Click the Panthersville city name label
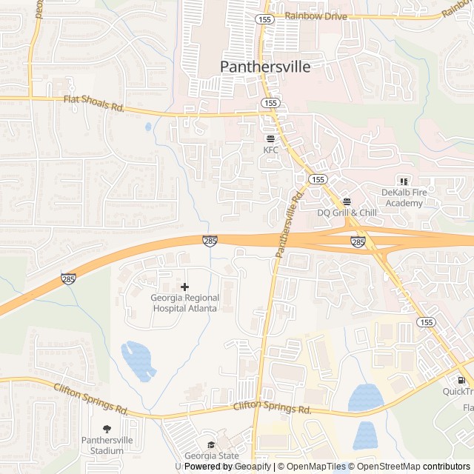(264, 66)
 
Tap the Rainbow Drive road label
(315, 15)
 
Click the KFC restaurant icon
(270, 138)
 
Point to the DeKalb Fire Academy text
(402, 198)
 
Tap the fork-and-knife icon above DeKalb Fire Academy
(404, 181)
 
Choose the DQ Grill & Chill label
(347, 213)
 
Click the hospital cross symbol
(184, 287)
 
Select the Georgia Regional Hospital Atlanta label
(184, 303)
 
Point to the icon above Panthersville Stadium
(107, 429)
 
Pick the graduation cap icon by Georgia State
(212, 445)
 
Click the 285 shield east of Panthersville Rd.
(358, 242)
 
